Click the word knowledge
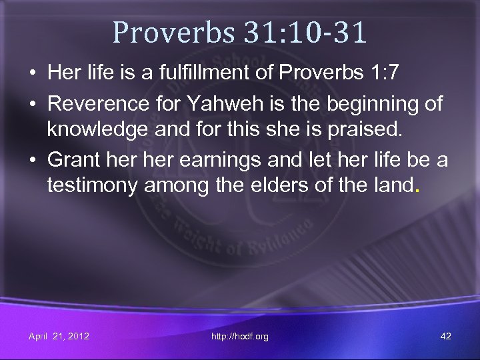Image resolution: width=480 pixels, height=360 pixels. pos(94,129)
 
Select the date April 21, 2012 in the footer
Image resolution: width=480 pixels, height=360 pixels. pos(59,336)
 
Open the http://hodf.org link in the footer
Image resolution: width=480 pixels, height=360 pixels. pos(239,337)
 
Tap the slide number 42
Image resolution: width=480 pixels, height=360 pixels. pos(446,336)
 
